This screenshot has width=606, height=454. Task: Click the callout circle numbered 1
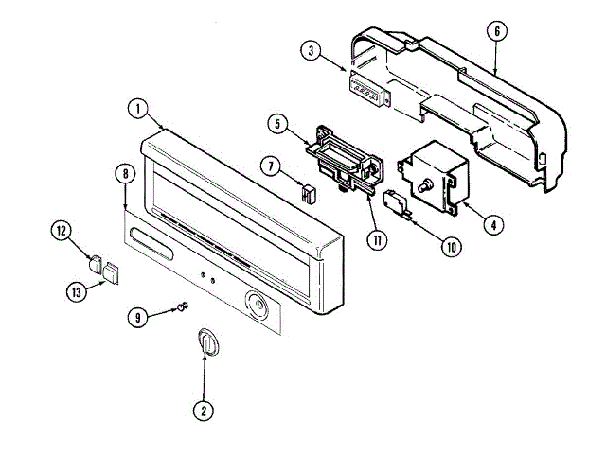click(x=138, y=109)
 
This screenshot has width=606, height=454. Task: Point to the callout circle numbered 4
click(x=492, y=225)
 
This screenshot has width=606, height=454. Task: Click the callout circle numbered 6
click(x=494, y=30)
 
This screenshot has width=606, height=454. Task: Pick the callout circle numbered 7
click(x=272, y=166)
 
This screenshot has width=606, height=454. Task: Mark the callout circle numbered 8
click(x=125, y=173)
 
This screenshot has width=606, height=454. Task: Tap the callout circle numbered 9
click(x=138, y=318)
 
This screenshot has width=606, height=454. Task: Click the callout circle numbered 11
click(x=379, y=239)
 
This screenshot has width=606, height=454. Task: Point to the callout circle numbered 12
click(x=62, y=230)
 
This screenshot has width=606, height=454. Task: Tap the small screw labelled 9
click(x=183, y=306)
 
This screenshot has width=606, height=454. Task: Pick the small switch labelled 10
click(x=399, y=202)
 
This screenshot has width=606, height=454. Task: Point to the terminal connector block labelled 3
click(x=366, y=91)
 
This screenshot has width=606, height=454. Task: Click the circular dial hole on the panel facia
click(x=257, y=305)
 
